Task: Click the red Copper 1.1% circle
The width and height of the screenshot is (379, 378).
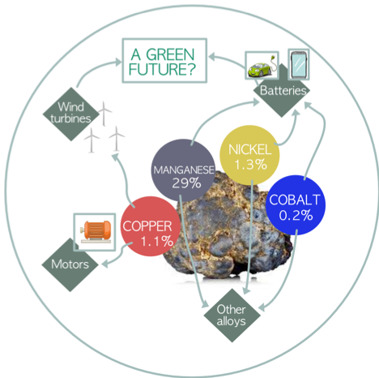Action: [x=150, y=226]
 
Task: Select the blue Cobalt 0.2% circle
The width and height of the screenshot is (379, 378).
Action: [x=296, y=205]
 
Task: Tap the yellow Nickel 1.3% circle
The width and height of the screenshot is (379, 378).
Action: [x=249, y=155]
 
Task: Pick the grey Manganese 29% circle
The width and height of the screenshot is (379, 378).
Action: [x=183, y=170]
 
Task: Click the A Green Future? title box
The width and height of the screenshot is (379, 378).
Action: [x=164, y=60]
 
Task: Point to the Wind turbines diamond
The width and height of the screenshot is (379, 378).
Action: [x=71, y=114]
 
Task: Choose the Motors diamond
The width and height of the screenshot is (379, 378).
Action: [x=70, y=264]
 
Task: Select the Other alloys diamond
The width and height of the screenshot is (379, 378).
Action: [x=232, y=316]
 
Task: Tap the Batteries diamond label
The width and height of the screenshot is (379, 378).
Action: [x=283, y=90]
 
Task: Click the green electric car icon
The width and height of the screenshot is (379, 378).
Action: [x=262, y=65]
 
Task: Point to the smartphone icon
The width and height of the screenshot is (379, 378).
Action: [x=299, y=64]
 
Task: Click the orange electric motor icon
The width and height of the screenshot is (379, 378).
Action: [x=96, y=231]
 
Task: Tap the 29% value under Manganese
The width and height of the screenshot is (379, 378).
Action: [x=186, y=183]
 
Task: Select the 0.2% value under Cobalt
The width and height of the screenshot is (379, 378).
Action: [x=296, y=215]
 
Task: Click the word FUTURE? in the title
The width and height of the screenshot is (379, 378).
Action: [x=162, y=69]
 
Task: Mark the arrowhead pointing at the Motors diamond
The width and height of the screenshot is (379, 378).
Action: [x=104, y=264]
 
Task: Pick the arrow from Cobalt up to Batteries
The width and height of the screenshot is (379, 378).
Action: [x=323, y=135]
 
